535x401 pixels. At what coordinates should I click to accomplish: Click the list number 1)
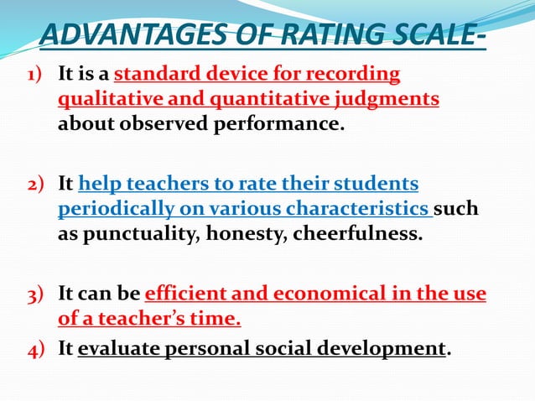coord(37,76)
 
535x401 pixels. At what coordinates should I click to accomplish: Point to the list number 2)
coord(37,184)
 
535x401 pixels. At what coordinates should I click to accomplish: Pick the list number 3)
coord(37,294)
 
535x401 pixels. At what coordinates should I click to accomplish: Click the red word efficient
coord(184,294)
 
